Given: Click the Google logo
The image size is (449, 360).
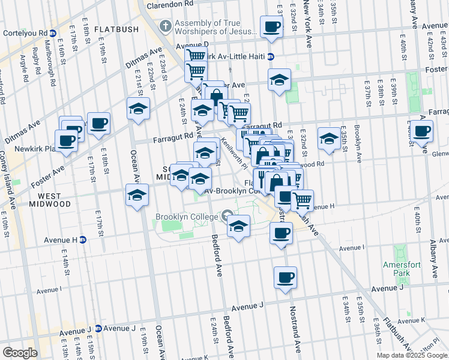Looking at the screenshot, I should pyautogui.click(x=19, y=353).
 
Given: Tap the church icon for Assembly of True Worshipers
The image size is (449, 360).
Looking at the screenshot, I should pyautogui.click(x=166, y=26).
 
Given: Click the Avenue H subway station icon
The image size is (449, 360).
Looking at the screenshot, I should pyautogui.click(x=83, y=240).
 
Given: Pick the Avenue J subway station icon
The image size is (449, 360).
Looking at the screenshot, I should pyautogui.click(x=97, y=328).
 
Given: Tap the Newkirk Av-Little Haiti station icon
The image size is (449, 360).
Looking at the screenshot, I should pyautogui.click(x=271, y=57).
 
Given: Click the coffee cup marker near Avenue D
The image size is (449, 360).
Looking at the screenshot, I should pyautogui.click(x=271, y=26).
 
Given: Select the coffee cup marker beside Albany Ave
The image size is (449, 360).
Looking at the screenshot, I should pyautogui.click(x=421, y=131).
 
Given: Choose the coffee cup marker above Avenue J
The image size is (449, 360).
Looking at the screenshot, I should pyautogui.click(x=285, y=277).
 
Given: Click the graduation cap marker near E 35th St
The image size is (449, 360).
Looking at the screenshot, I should pyautogui.click(x=328, y=139).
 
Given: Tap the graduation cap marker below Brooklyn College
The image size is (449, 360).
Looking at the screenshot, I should pyautogui.click(x=238, y=227).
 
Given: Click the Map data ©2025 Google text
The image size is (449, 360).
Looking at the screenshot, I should pyautogui.click(x=412, y=355).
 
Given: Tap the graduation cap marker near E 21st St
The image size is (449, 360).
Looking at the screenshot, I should pyautogui.click(x=138, y=109).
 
